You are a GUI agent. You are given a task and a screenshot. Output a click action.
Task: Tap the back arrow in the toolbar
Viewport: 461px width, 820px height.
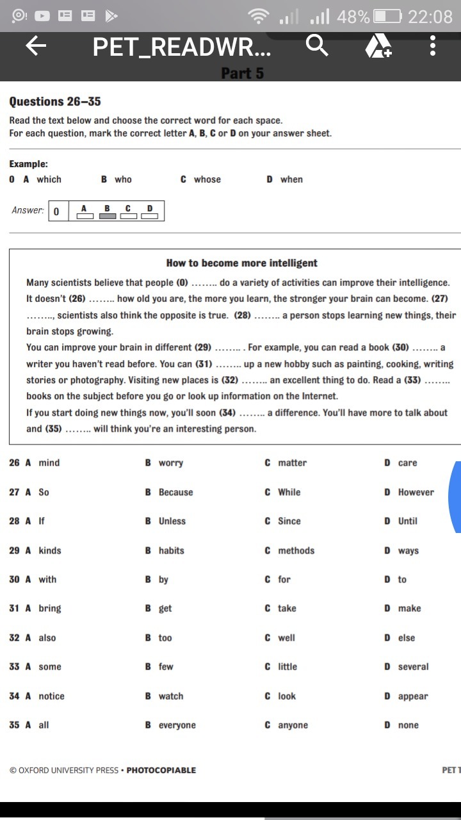click(36, 46)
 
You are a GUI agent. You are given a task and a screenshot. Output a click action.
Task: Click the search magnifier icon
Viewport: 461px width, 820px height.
click(317, 46)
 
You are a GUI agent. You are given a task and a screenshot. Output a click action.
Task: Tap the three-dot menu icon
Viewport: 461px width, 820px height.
click(433, 46)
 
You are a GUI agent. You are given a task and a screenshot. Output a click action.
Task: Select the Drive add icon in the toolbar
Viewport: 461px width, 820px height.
click(378, 47)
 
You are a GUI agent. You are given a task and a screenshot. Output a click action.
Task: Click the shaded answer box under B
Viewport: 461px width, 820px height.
click(108, 215)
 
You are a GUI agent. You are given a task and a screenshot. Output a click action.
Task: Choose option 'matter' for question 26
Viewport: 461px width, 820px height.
click(292, 463)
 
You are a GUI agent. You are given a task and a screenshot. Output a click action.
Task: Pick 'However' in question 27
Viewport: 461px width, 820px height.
click(416, 492)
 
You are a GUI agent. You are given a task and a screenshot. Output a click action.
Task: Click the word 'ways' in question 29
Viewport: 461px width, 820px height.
click(408, 550)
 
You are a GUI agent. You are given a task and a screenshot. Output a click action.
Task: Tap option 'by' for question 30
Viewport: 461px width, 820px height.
click(163, 579)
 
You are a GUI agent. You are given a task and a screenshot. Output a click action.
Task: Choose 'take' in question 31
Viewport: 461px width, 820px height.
click(287, 608)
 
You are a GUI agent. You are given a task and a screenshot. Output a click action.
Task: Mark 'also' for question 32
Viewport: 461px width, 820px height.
click(47, 637)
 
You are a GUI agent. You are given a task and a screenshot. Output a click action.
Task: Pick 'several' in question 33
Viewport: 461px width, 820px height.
click(413, 666)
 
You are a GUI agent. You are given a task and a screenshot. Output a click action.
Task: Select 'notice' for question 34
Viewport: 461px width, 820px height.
click(51, 696)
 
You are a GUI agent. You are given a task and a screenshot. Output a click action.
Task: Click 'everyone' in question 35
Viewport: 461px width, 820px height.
click(177, 725)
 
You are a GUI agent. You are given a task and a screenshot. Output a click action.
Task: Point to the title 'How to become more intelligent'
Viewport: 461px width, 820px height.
click(241, 263)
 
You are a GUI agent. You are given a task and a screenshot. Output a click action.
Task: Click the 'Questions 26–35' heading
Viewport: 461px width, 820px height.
click(55, 102)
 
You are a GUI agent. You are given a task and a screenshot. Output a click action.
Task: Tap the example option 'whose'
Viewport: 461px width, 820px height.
click(207, 179)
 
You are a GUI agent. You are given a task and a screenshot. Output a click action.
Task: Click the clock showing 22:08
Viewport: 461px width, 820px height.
click(430, 16)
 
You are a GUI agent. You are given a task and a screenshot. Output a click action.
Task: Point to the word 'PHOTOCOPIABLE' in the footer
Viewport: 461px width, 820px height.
click(161, 770)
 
